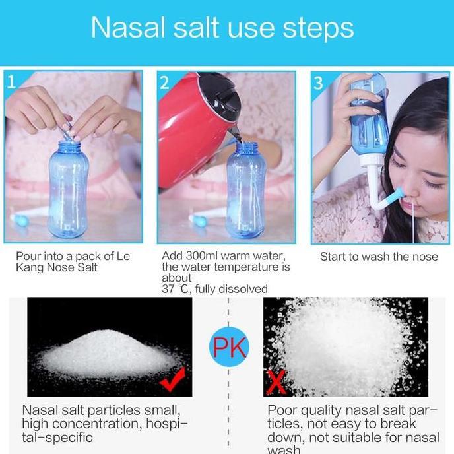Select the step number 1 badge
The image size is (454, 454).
click(x=12, y=82)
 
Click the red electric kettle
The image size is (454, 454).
click(x=193, y=132)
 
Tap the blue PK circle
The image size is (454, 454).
click(x=228, y=346)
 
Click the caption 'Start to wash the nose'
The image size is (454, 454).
click(x=379, y=257)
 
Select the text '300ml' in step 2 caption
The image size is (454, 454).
click(x=201, y=256)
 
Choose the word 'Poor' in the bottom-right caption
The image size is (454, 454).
click(x=282, y=410)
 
